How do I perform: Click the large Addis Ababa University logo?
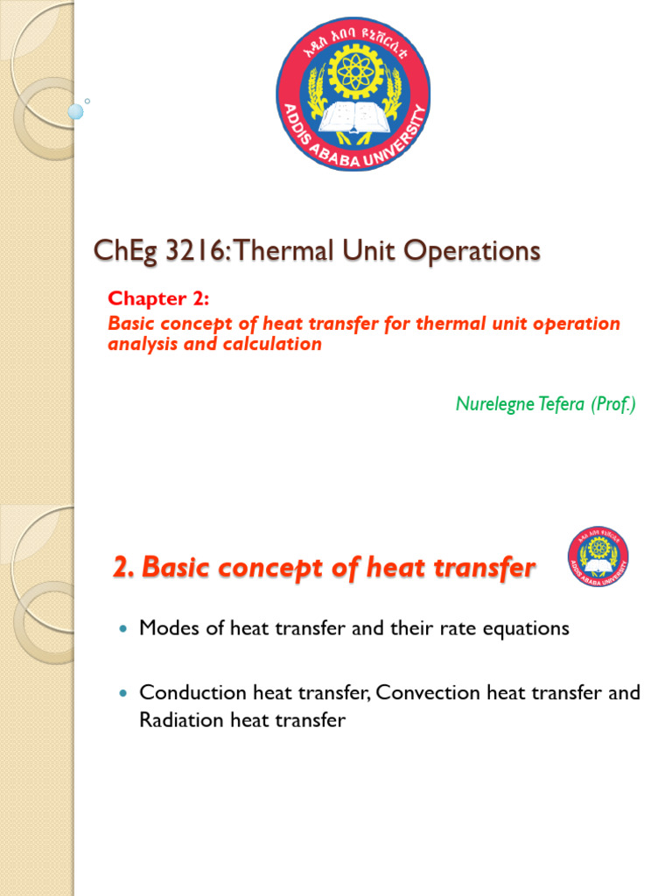tap(353, 94)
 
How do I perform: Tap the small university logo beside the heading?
tap(598, 556)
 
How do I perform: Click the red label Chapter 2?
tap(158, 299)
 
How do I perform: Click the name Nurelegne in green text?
tap(495, 403)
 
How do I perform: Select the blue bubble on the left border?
tap(75, 112)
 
